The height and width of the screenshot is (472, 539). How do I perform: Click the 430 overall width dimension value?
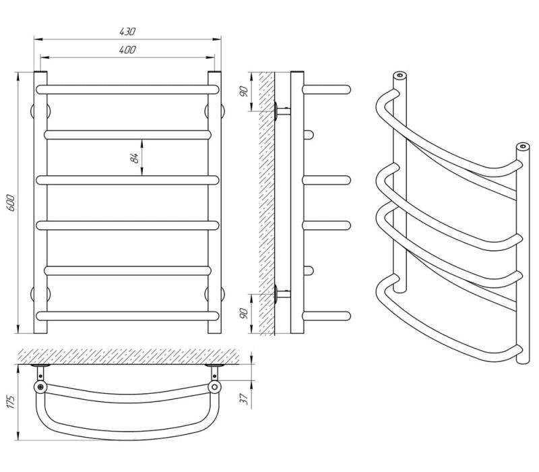pos(127,31)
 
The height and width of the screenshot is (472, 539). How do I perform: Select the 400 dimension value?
pos(127,49)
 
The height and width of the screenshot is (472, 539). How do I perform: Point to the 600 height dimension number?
pos(11,203)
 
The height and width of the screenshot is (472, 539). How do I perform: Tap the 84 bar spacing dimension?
pos(134,158)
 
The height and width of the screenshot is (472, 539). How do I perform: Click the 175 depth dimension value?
pos(11,402)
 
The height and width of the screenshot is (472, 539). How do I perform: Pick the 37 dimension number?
pos(244,399)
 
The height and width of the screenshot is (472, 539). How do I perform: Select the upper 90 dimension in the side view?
pos(244,92)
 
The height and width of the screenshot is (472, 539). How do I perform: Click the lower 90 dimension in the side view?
pos(244,314)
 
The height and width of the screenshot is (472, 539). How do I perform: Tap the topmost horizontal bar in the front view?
pos(127,90)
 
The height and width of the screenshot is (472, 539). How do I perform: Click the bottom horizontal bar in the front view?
pos(127,316)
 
